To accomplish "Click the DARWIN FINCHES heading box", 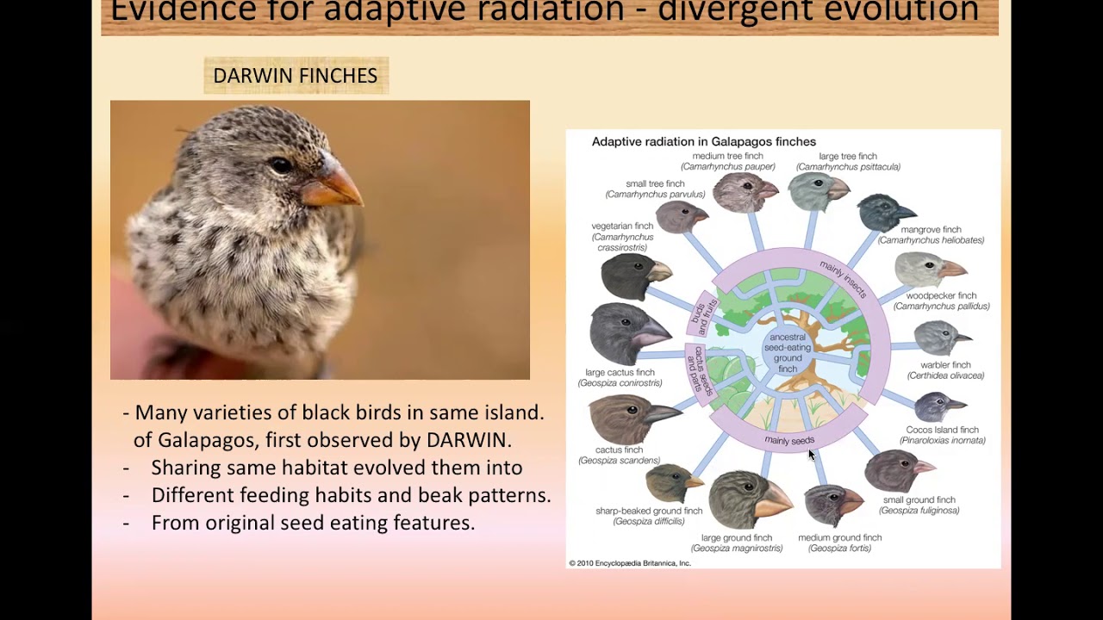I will (x=296, y=76).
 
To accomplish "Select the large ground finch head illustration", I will (x=749, y=499).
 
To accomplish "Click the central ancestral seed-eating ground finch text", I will (x=788, y=353).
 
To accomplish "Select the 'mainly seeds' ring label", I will (x=789, y=441).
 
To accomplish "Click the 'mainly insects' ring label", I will (x=843, y=280).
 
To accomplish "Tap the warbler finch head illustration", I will (x=942, y=338).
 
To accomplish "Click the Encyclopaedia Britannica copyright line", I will (x=629, y=563).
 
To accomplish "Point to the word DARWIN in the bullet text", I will (x=468, y=440).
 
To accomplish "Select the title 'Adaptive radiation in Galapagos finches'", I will (x=703, y=142).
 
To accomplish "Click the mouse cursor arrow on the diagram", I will (x=811, y=455).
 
